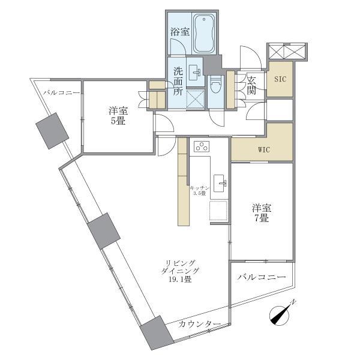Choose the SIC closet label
pyautogui.click(x=280, y=79)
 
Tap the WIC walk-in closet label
pyautogui.click(x=265, y=149)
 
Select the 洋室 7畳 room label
pyautogui.click(x=261, y=213)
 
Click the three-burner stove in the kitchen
pyautogui.click(x=201, y=147)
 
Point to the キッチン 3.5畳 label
pyautogui.click(x=198, y=191)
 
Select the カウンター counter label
pyautogui.click(x=199, y=324)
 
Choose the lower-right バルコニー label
pyautogui.click(x=261, y=277)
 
